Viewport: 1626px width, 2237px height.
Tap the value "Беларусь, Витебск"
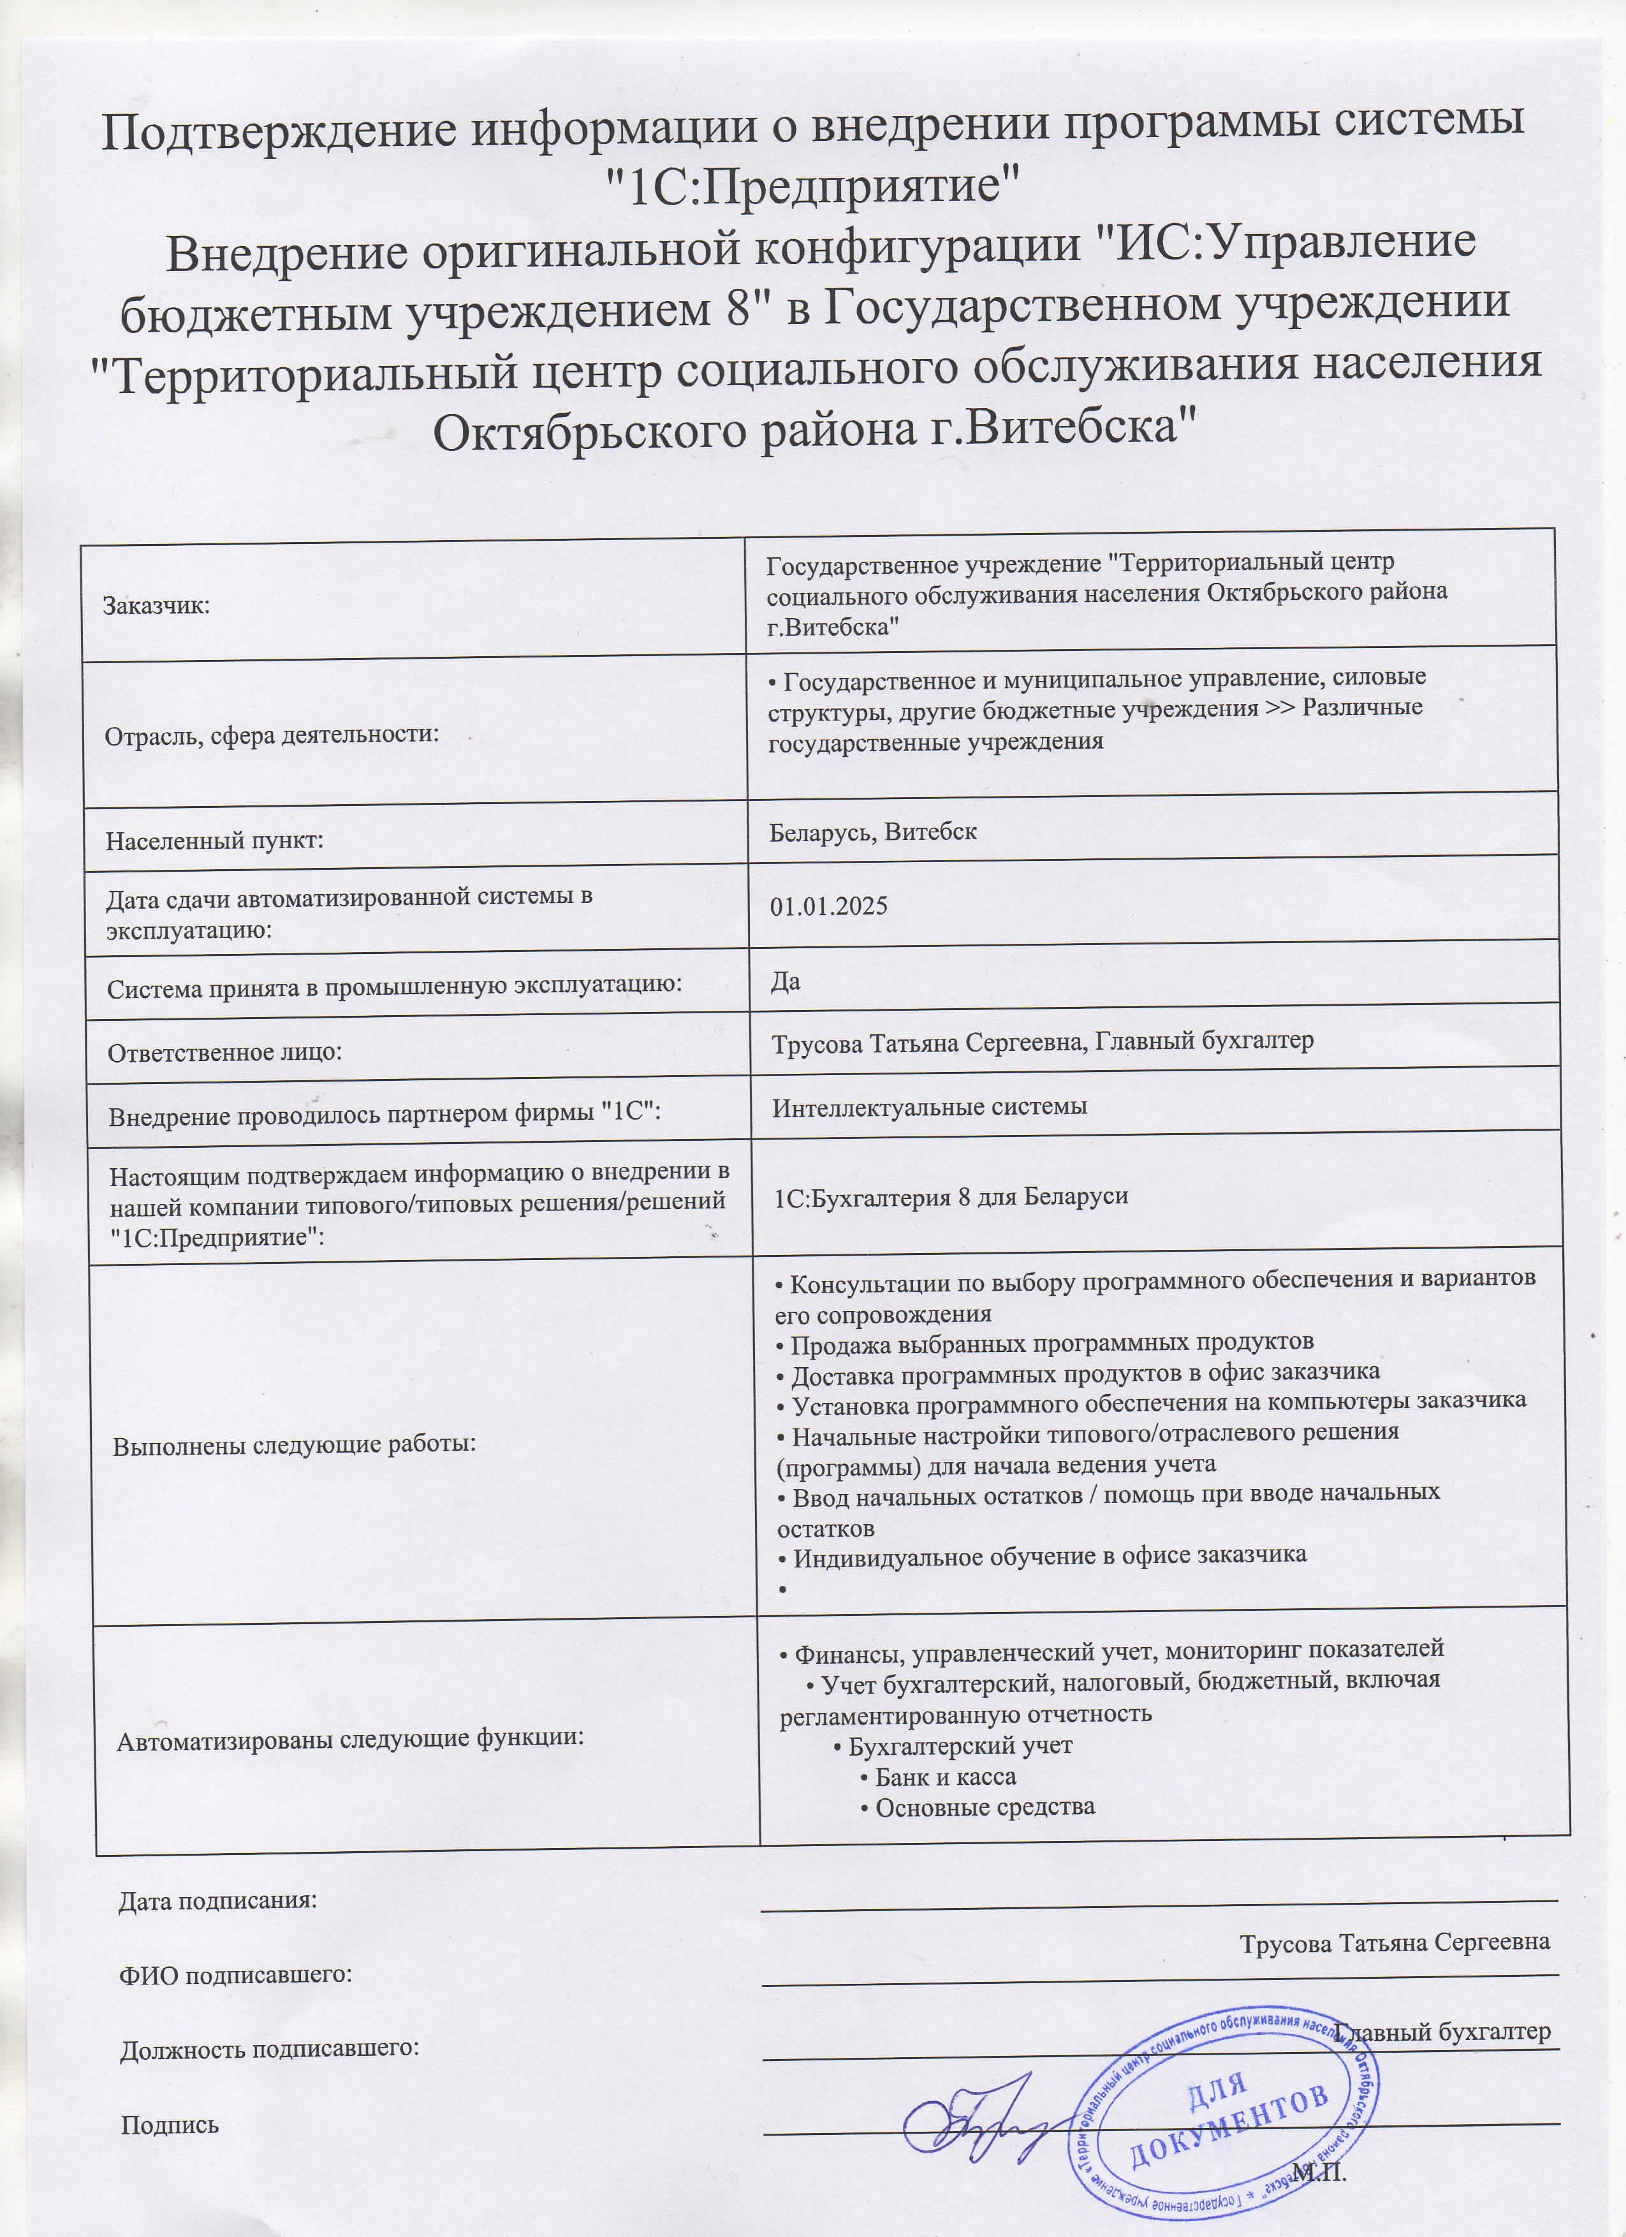tap(873, 832)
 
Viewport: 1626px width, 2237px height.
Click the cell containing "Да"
tap(785, 981)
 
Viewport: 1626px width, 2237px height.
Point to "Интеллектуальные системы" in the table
tap(929, 1106)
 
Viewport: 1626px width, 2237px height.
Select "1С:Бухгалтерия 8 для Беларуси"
tap(951, 1196)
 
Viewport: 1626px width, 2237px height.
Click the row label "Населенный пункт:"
tap(215, 841)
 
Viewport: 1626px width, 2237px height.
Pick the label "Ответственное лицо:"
tap(225, 1052)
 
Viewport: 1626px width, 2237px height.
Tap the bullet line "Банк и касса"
tap(944, 1777)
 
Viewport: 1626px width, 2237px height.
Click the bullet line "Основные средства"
tap(983, 1808)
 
